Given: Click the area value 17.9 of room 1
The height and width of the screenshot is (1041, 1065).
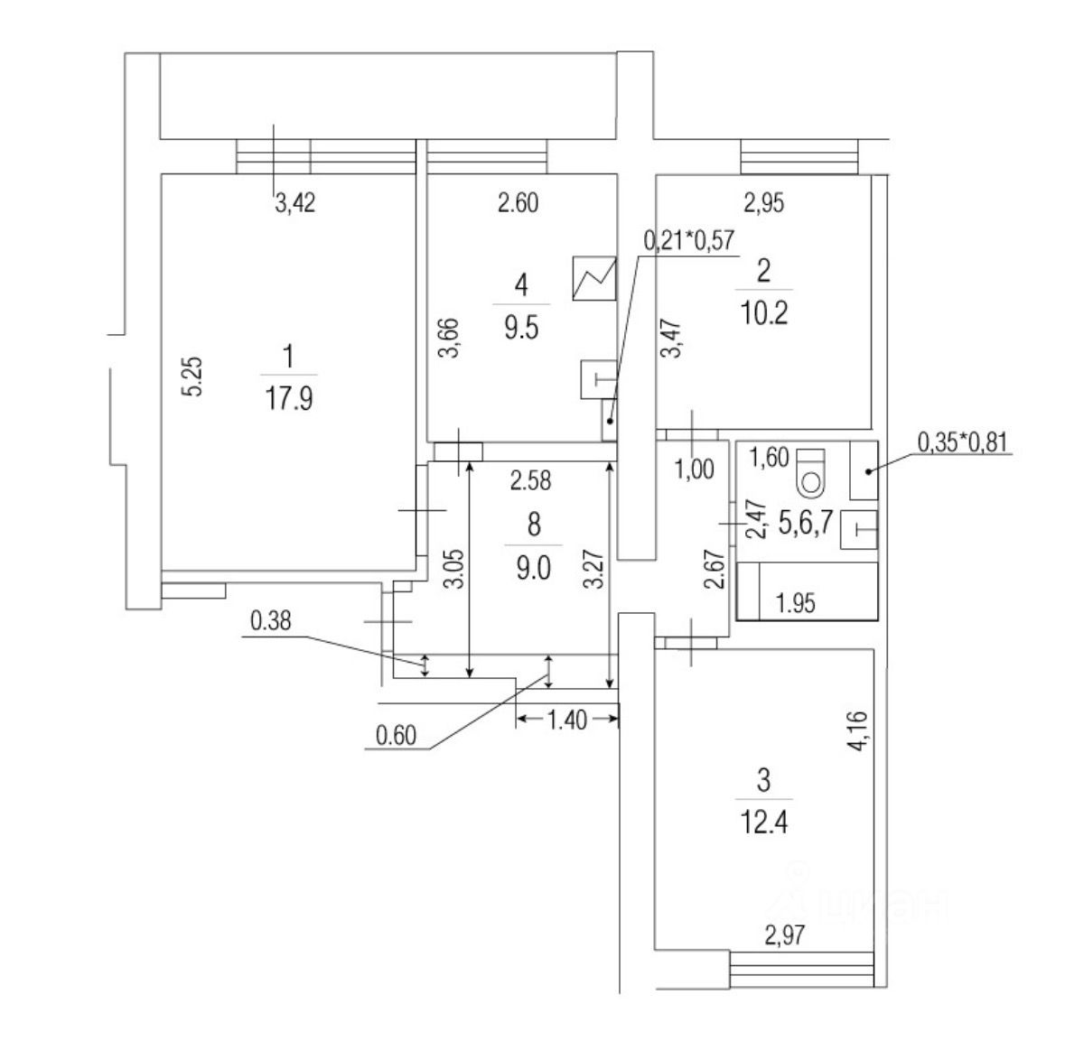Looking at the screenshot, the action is click(x=289, y=399).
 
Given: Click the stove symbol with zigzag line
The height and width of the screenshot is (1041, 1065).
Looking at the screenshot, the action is click(x=594, y=278).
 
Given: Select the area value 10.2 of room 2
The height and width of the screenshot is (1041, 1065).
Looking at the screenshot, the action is click(x=763, y=312).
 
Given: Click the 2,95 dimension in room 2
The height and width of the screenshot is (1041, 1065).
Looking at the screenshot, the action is click(x=763, y=204).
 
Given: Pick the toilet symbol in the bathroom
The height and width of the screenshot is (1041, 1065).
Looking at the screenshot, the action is click(x=812, y=470).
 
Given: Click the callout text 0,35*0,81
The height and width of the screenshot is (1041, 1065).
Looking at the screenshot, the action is click(x=963, y=442).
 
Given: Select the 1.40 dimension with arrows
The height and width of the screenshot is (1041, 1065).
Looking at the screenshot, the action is click(x=567, y=720).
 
